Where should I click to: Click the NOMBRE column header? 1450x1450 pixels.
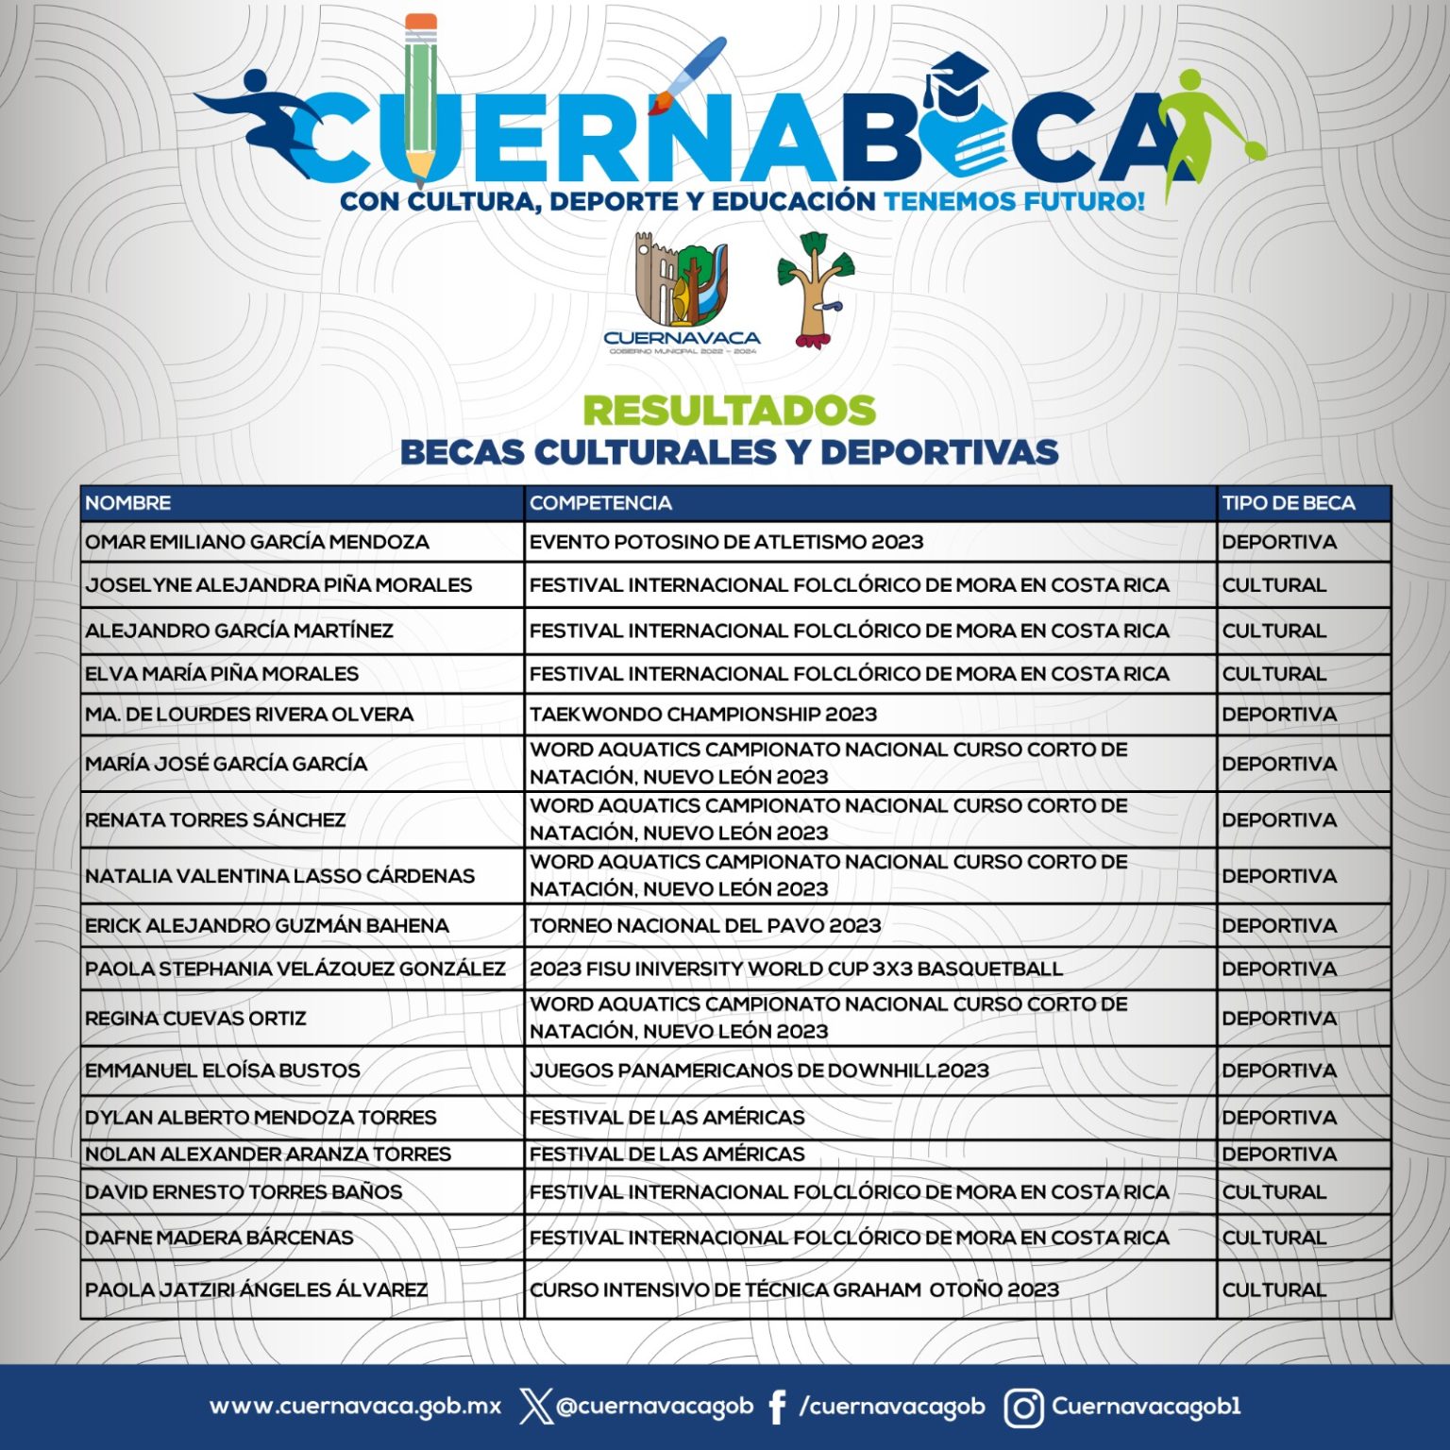click(128, 503)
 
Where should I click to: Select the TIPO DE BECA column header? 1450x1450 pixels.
click(1288, 503)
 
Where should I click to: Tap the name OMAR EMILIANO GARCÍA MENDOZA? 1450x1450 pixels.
click(257, 542)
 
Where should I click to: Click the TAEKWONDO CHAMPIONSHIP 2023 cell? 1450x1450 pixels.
click(702, 715)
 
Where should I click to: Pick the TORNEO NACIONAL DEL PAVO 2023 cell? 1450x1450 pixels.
click(704, 926)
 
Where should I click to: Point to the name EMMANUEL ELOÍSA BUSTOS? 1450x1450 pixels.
click(223, 1071)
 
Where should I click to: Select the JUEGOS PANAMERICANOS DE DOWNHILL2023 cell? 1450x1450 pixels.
click(759, 1071)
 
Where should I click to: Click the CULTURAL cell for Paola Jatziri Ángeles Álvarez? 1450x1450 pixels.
click(1273, 1290)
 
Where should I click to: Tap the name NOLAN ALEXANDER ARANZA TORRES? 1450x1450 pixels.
click(268, 1154)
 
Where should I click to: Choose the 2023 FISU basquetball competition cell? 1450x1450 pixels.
click(796, 969)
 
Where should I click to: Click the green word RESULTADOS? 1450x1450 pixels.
click(729, 411)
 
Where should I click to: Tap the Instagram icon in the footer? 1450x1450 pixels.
click(1022, 1408)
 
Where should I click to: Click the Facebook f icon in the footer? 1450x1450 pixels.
click(777, 1408)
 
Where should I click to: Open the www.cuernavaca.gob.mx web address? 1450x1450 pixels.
click(355, 1407)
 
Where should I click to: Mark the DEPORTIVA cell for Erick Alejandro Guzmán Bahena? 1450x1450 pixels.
click(1278, 926)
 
